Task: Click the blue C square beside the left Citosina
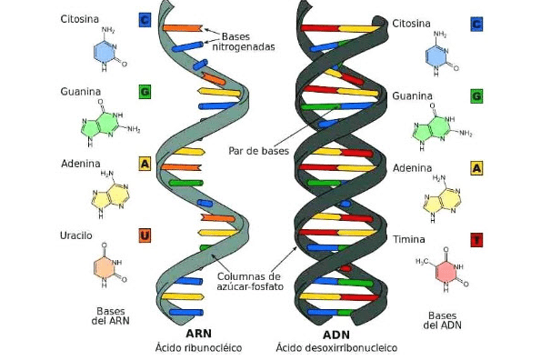pos(145,19)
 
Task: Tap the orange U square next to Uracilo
pos(145,236)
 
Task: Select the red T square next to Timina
pos(476,240)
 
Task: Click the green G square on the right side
pos(476,95)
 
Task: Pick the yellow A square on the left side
pos(145,164)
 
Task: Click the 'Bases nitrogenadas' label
pos(245,41)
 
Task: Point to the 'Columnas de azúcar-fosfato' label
pos(248,281)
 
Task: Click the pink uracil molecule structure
pos(107,268)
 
